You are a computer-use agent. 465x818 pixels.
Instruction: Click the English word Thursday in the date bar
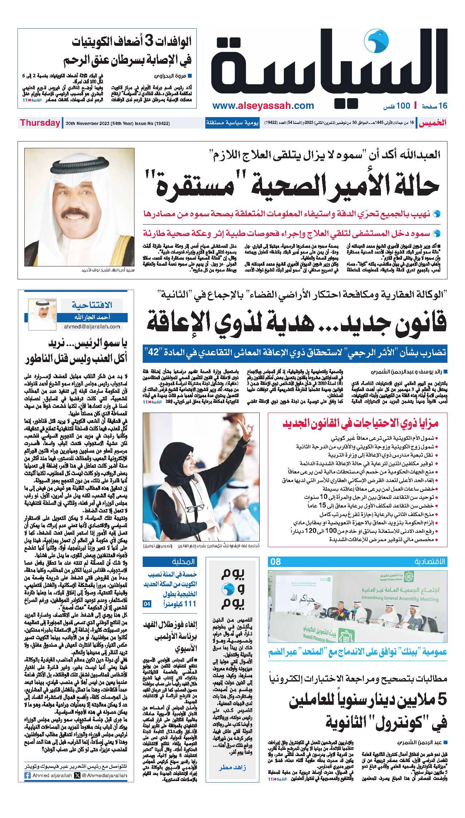tap(40, 123)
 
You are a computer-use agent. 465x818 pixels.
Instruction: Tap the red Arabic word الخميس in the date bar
tap(433, 123)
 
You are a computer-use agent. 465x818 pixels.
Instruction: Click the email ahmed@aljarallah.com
tap(92, 327)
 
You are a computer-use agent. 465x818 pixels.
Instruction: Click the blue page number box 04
tap(147, 604)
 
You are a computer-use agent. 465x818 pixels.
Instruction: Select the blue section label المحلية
tap(185, 561)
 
